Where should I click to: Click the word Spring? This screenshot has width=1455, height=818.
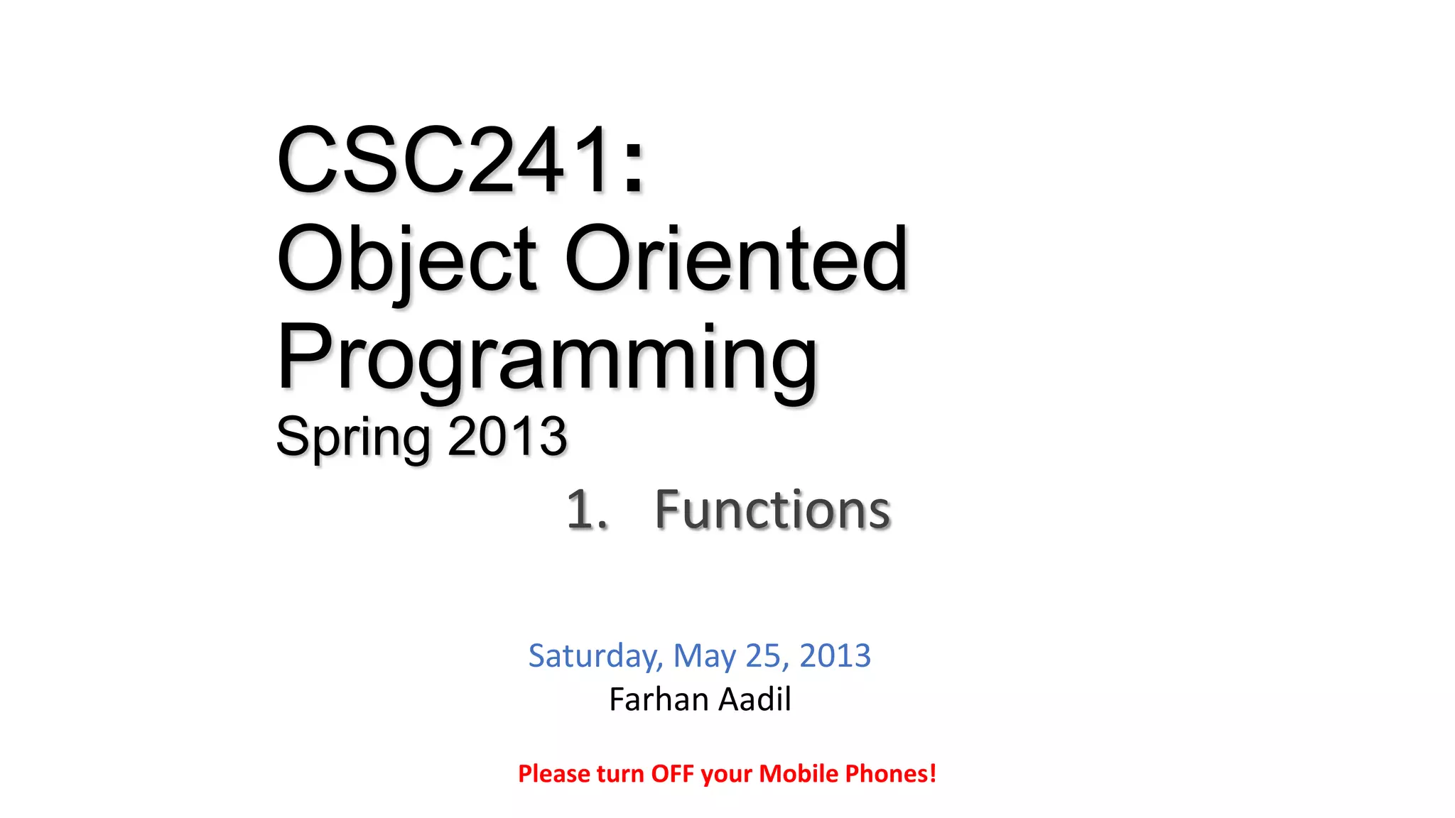(x=352, y=437)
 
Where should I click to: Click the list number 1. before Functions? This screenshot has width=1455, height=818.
(x=587, y=510)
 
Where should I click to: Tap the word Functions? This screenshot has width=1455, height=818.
(x=772, y=510)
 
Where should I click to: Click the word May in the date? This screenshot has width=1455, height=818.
(x=704, y=656)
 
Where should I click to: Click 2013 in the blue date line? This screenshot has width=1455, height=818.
(x=835, y=656)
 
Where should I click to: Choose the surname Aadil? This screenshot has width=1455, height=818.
(x=754, y=699)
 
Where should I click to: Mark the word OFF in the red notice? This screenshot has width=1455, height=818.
(x=672, y=774)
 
